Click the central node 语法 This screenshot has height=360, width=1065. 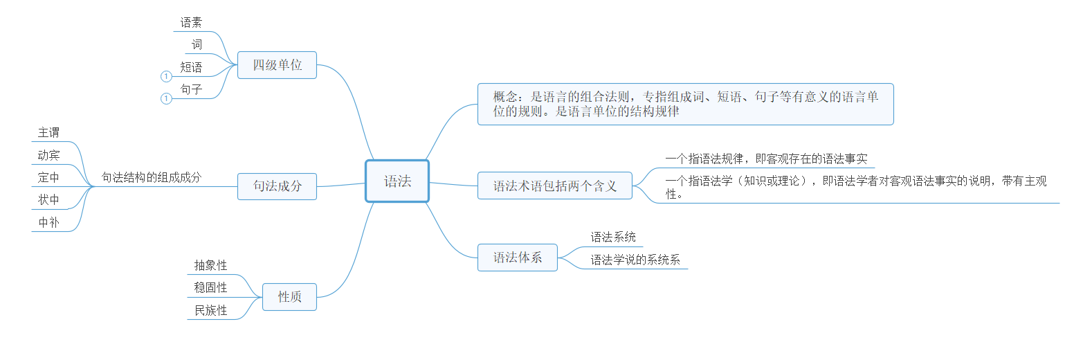[x=397, y=181]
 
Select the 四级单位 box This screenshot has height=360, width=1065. [x=277, y=65]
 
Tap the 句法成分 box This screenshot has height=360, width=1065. [x=277, y=186]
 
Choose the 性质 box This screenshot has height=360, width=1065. [x=289, y=297]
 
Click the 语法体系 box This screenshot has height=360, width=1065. [x=518, y=258]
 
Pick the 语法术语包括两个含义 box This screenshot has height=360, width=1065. [x=555, y=186]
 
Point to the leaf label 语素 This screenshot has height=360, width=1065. [x=191, y=22]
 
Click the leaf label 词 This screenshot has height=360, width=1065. [x=197, y=45]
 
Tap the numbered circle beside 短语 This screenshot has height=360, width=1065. [x=166, y=76]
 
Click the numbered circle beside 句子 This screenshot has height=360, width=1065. [x=166, y=98]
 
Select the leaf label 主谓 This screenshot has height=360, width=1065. [x=48, y=133]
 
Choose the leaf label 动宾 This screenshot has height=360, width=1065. [x=48, y=155]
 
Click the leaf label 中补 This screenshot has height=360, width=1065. [x=48, y=222]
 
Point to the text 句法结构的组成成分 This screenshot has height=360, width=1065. [x=152, y=177]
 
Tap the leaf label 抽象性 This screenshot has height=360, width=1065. [x=210, y=265]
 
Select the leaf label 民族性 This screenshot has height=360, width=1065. [x=210, y=311]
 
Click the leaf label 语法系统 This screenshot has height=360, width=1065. [x=613, y=237]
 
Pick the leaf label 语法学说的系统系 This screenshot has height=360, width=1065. [x=635, y=260]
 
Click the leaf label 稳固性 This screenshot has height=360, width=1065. [x=210, y=288]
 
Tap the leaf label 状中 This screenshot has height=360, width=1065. [x=48, y=200]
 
